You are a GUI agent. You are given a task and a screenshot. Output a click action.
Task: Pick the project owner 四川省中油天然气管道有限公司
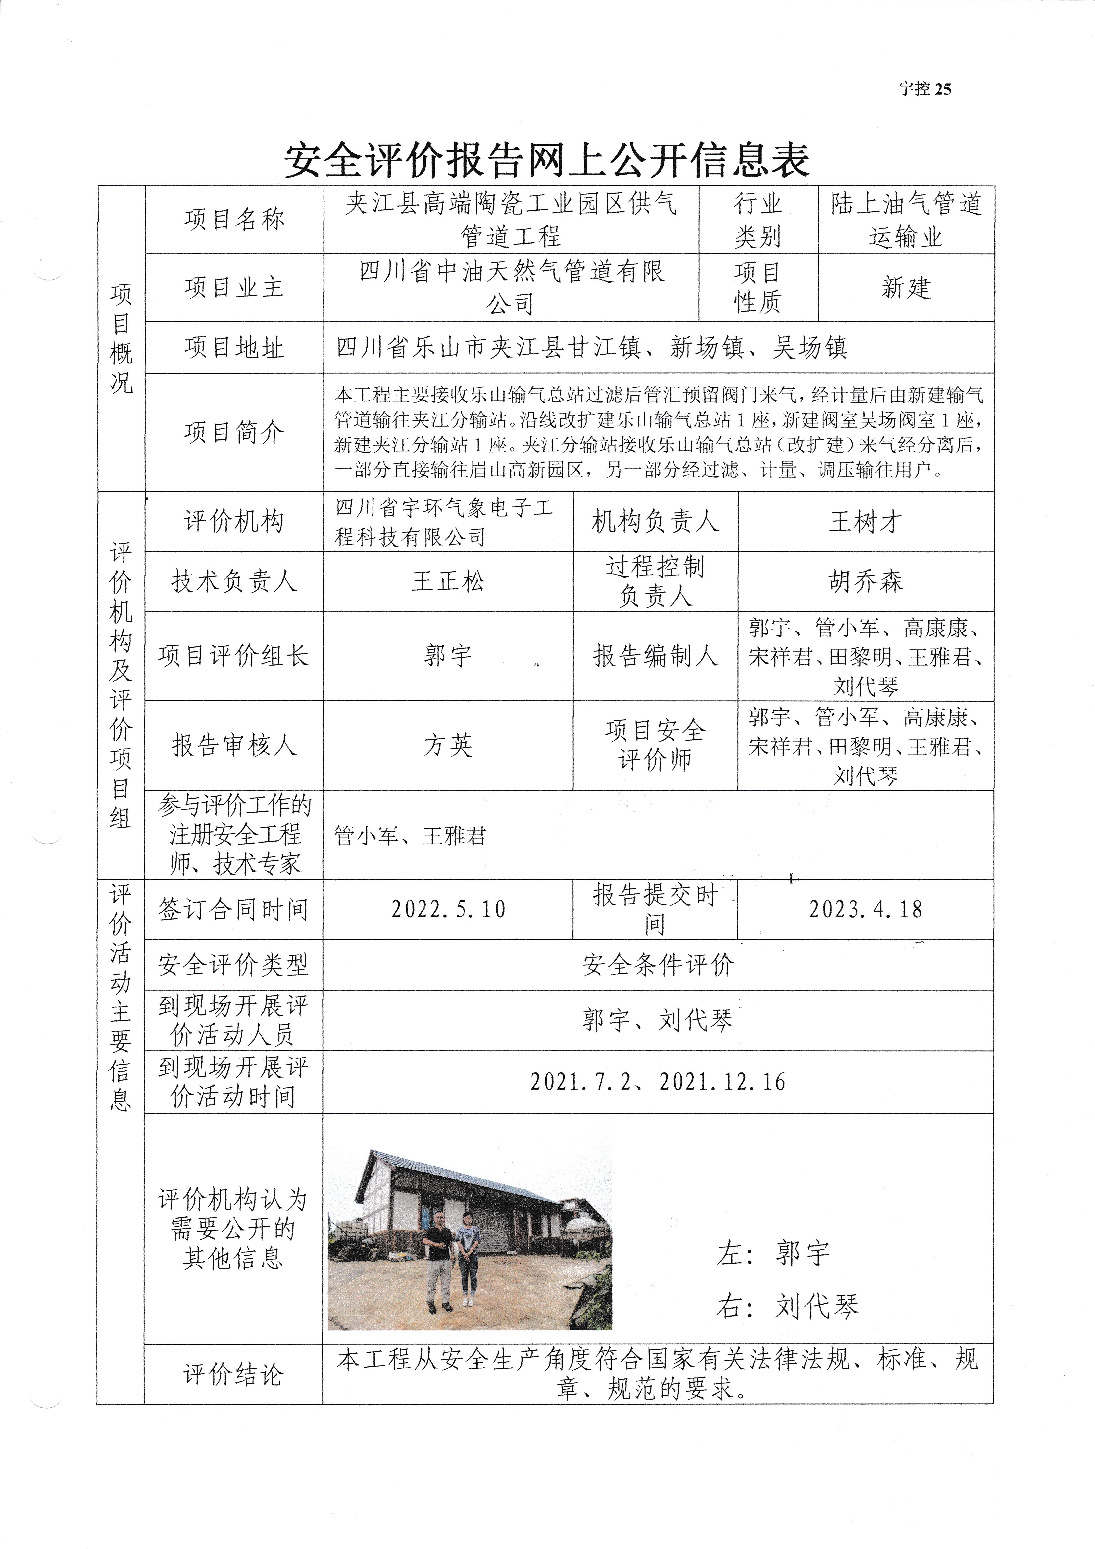click(511, 287)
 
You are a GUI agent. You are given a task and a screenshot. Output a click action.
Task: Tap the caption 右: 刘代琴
click(787, 1307)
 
